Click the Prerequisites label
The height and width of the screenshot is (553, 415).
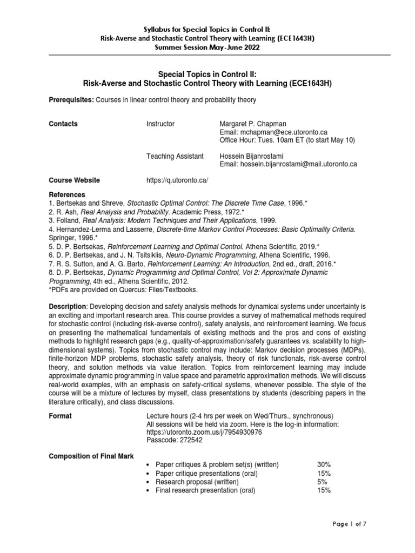[70, 100]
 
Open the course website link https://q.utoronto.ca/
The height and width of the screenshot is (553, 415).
[177, 180]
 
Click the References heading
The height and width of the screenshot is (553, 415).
[67, 194]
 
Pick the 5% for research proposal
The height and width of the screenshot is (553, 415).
[322, 482]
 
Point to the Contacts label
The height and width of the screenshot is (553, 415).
[63, 124]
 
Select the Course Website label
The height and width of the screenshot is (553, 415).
[75, 180]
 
